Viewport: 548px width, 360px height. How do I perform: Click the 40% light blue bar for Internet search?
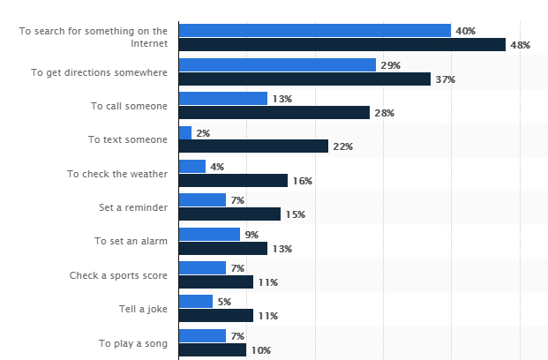[315, 30]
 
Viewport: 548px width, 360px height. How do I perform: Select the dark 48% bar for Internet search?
[342, 45]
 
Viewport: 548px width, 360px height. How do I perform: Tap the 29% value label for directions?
[390, 65]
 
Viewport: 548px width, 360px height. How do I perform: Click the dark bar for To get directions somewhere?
[304, 79]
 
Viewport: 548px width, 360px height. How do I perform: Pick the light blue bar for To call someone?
[223, 98]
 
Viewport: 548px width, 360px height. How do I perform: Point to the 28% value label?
[385, 113]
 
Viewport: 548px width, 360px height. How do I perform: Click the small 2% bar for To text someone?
[185, 133]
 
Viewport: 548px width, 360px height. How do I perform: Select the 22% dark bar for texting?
[253, 146]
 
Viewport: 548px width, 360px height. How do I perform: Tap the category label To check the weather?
[117, 174]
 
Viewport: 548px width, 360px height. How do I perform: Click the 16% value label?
[303, 181]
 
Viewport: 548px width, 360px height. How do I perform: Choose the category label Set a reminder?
[133, 207]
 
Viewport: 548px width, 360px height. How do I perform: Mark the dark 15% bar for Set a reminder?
[229, 214]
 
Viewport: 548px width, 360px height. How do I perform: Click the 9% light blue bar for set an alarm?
[209, 234]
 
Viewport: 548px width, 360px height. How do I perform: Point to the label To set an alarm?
[131, 241]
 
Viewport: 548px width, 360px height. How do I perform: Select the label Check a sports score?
[118, 275]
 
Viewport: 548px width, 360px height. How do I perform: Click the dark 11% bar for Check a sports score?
[216, 281]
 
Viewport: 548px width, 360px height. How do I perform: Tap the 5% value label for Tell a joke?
[224, 302]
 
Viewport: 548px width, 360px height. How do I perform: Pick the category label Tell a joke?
[143, 310]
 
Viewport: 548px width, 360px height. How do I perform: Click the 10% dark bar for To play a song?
[213, 350]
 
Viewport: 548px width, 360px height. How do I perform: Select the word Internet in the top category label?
[149, 43]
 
